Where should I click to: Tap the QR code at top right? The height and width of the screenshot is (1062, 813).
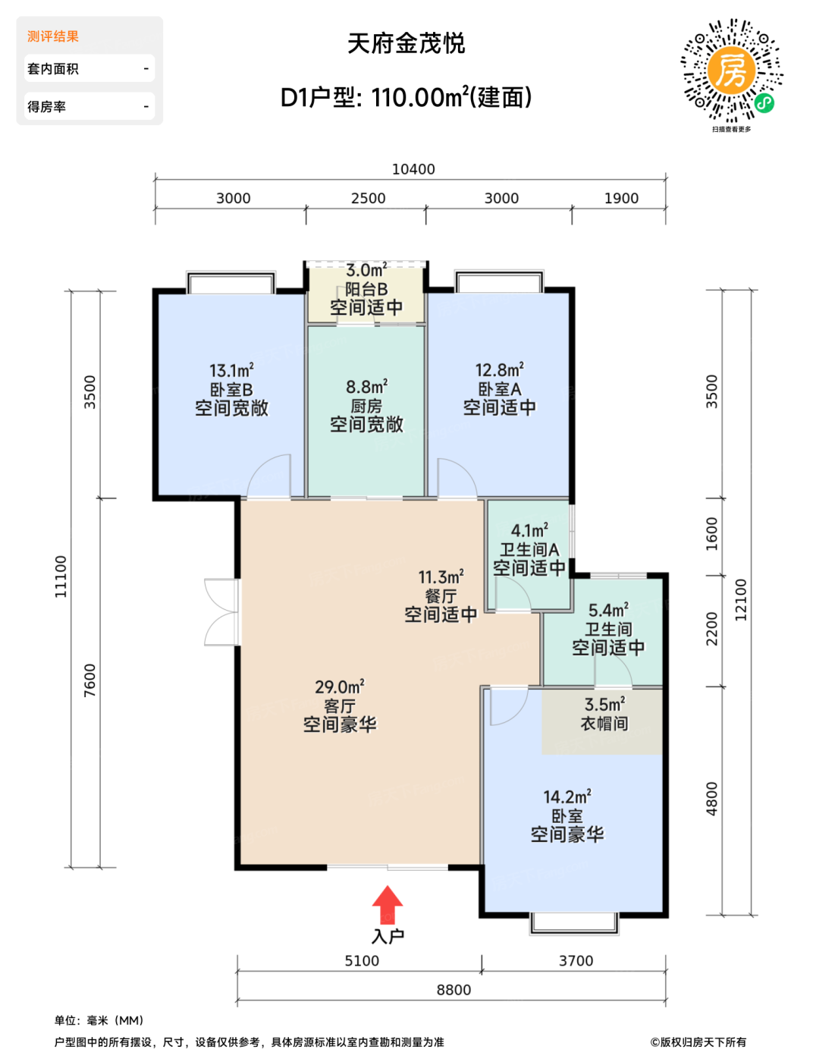(731, 71)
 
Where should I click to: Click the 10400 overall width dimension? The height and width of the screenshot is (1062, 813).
(413, 169)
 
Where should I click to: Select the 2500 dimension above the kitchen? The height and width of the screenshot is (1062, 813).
(368, 198)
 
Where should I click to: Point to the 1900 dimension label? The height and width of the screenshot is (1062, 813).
(621, 198)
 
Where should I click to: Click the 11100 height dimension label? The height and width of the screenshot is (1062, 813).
(60, 577)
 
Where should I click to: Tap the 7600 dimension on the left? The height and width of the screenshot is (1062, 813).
(89, 680)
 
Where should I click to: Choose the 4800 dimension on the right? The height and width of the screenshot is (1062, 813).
(711, 799)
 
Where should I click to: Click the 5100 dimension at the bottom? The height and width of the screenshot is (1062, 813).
(362, 960)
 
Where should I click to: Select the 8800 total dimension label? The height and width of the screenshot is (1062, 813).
(454, 990)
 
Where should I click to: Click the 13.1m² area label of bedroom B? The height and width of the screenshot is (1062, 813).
(231, 370)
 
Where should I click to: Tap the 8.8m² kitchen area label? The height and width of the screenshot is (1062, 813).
(366, 387)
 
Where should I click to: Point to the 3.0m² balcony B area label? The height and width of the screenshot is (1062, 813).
(366, 270)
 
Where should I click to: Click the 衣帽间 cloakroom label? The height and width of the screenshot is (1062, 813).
(604, 724)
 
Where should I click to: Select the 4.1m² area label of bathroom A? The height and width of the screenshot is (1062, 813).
(529, 530)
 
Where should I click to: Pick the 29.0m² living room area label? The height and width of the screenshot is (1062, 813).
(340, 687)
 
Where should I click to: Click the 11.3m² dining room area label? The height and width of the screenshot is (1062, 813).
(441, 577)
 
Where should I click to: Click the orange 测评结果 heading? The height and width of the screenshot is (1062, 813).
(53, 36)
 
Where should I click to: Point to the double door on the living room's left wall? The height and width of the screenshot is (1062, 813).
(222, 612)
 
